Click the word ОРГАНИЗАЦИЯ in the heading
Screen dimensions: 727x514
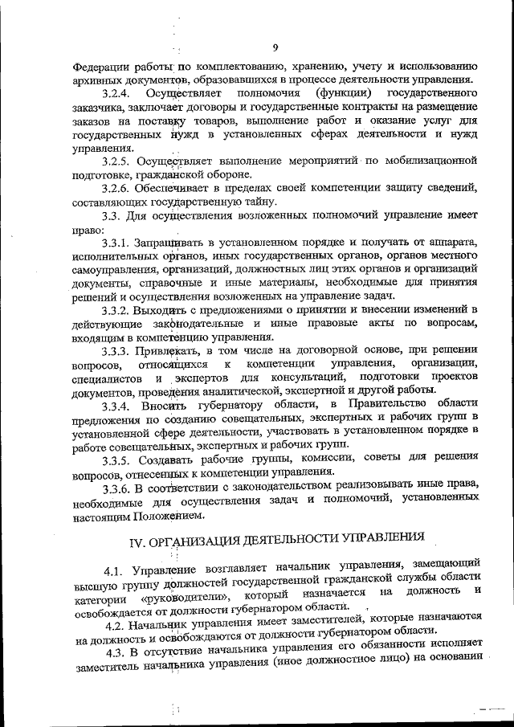click(206, 541)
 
